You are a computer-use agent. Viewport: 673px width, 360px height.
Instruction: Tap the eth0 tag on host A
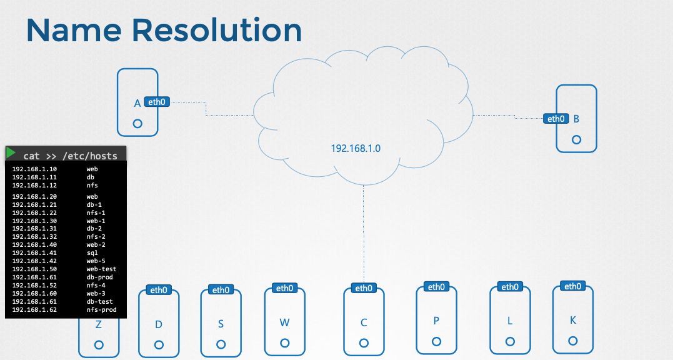click(x=157, y=101)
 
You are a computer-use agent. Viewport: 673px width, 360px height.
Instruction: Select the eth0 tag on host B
click(x=555, y=119)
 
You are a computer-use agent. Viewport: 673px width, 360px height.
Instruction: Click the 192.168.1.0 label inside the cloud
click(x=356, y=149)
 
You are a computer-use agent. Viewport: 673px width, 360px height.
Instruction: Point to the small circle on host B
click(x=576, y=140)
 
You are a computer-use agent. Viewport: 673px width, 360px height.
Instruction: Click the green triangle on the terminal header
click(x=11, y=152)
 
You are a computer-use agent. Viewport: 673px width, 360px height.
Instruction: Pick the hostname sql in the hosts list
click(x=92, y=253)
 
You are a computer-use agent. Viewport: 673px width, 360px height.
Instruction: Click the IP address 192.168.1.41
click(x=34, y=253)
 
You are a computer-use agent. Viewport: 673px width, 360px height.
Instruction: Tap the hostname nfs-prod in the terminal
click(x=101, y=309)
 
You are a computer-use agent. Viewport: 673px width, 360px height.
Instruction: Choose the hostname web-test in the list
click(x=101, y=269)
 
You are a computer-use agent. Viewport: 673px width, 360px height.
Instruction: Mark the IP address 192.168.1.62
click(x=34, y=309)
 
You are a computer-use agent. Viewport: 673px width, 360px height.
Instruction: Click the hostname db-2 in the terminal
click(x=94, y=229)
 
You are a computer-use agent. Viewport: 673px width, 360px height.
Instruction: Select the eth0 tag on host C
click(x=363, y=288)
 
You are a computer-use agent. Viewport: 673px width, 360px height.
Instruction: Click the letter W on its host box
click(x=284, y=322)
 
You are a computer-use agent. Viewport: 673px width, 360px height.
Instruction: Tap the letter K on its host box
click(x=573, y=320)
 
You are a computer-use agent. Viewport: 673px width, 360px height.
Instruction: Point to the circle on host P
click(x=436, y=341)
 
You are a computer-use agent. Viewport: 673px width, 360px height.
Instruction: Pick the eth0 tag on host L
click(x=510, y=287)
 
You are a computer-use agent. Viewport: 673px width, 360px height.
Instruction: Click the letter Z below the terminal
click(x=98, y=324)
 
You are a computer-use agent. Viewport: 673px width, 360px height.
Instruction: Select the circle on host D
click(x=159, y=344)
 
